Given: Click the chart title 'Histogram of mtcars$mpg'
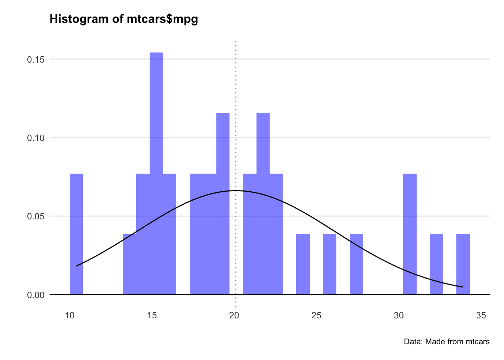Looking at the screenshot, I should click(124, 19).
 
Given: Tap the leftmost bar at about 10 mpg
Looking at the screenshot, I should click(76, 234).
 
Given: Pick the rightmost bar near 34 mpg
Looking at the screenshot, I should click(463, 264).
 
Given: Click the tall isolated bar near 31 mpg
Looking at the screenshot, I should click(410, 234).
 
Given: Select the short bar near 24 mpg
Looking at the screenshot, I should click(303, 264).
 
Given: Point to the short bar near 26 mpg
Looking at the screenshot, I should click(330, 264).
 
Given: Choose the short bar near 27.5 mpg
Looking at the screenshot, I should click(356, 264).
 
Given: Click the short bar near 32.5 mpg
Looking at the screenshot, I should click(436, 264).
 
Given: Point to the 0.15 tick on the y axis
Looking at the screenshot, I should click(36, 60).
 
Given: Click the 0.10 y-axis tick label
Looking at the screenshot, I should click(36, 138).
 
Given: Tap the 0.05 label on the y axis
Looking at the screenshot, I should click(36, 216).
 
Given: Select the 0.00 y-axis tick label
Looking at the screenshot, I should click(36, 295).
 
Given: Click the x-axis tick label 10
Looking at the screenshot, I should click(70, 315).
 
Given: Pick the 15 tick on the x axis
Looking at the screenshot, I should click(152, 315).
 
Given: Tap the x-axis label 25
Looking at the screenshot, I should click(316, 315).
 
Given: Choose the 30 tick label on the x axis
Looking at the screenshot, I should click(399, 315).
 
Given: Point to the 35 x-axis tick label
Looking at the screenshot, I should click(481, 315).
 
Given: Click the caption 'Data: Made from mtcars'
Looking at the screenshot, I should click(447, 342).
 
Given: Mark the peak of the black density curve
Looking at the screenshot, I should click(235, 190).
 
